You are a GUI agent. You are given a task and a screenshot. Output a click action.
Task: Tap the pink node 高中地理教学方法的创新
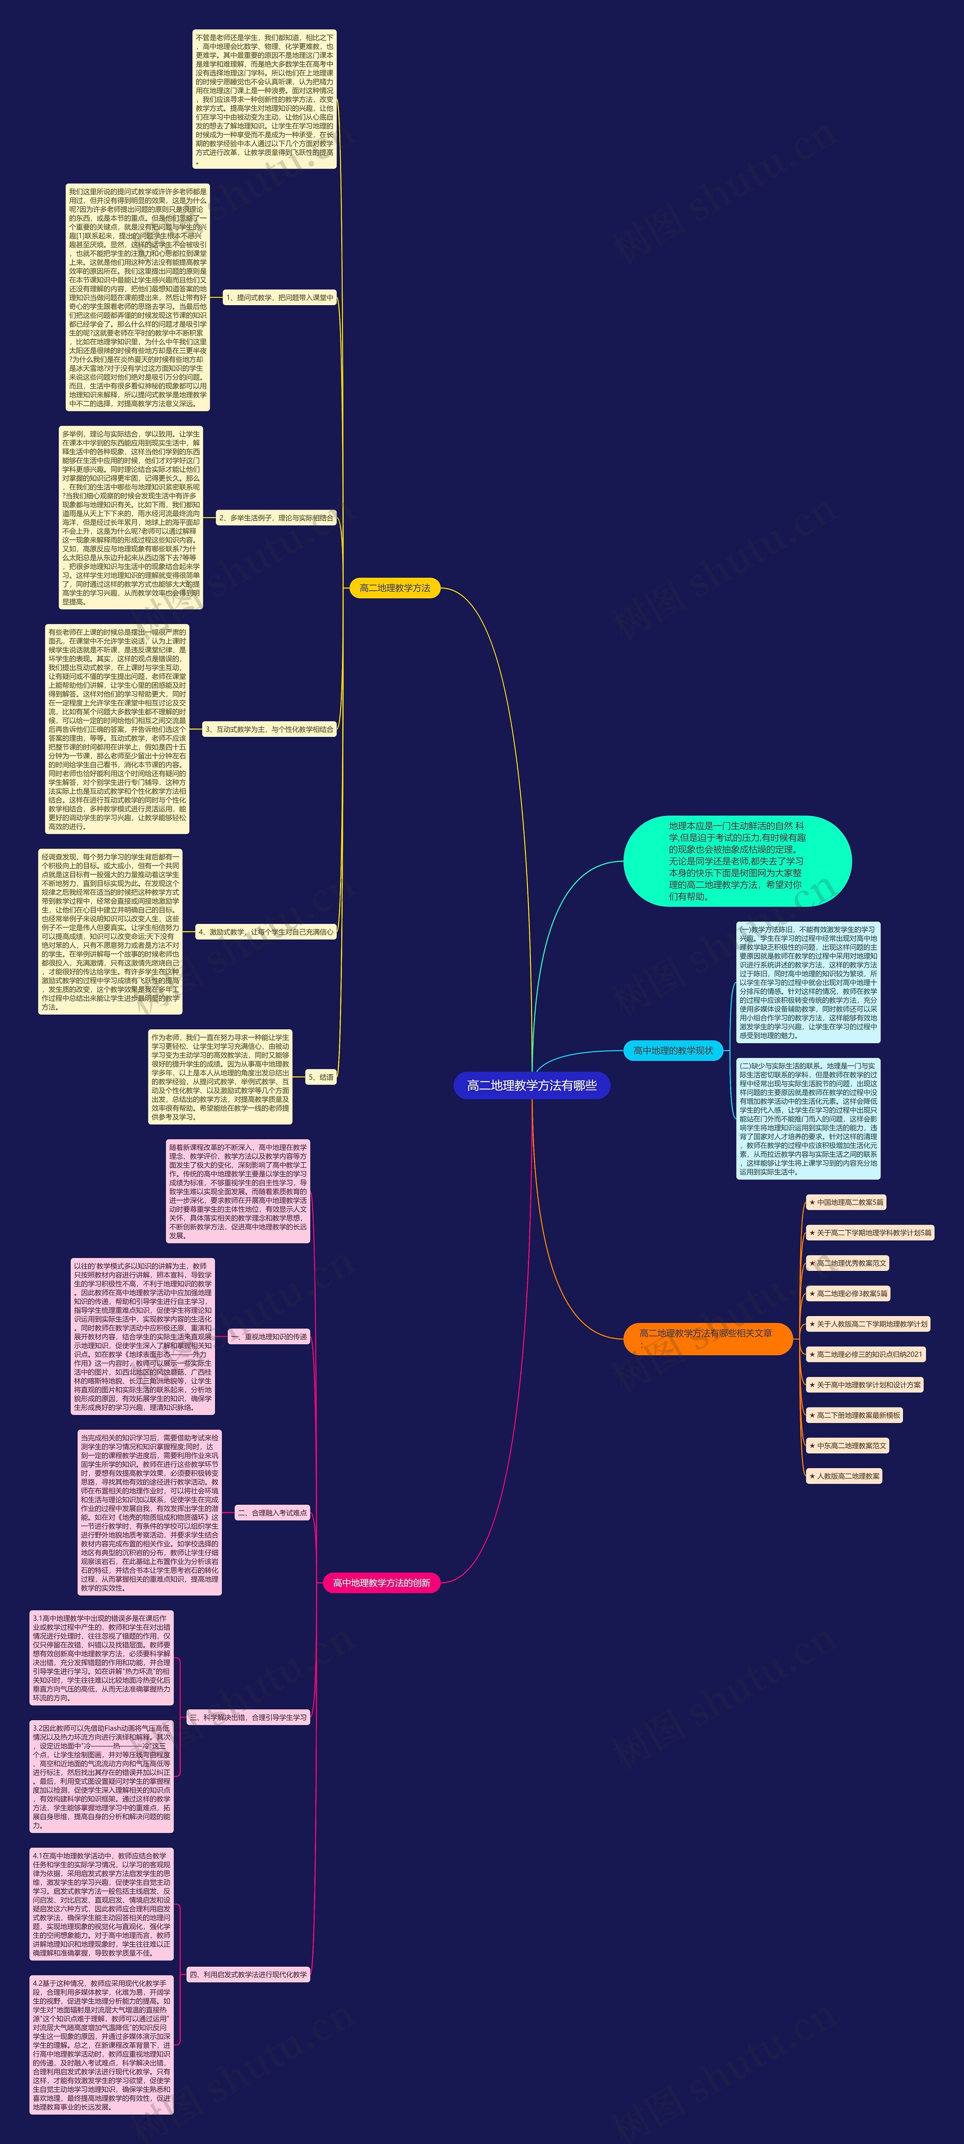(x=381, y=1583)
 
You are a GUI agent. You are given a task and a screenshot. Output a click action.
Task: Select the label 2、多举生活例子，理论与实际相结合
(x=276, y=518)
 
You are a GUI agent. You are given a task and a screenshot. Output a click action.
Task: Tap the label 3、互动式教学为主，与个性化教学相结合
(x=269, y=729)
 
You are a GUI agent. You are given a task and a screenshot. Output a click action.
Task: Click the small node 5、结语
(x=320, y=1077)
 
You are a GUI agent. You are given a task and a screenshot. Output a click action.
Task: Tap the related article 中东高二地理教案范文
(x=848, y=1446)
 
